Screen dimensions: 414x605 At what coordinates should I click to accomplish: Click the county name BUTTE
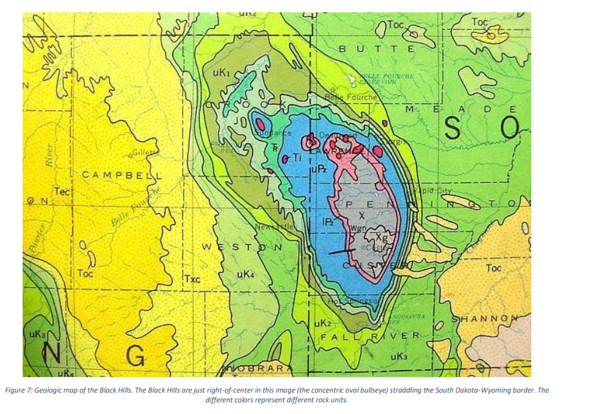[x=377, y=49]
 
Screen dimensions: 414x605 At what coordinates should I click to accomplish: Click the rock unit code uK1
[x=221, y=75]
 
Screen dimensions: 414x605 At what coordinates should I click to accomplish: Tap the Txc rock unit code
[x=192, y=279]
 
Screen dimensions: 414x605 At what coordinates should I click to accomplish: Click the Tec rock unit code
[x=62, y=192]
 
